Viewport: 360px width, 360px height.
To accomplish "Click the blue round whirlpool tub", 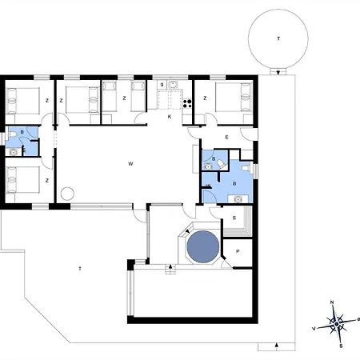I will (202, 246).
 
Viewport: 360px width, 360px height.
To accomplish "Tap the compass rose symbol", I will (337, 323).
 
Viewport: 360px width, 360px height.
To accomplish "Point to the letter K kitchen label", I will (170, 117).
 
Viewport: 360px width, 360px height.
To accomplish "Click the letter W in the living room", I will (130, 164).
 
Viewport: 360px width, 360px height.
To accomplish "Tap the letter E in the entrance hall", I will (227, 138).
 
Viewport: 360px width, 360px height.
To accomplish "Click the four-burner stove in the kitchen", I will (188, 100).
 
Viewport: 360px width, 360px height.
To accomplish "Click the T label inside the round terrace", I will (278, 38).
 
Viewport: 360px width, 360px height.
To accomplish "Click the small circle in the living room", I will (68, 193).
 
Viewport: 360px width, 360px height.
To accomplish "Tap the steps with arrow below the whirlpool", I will (169, 270).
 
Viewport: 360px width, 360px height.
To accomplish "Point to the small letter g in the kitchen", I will (162, 84).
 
